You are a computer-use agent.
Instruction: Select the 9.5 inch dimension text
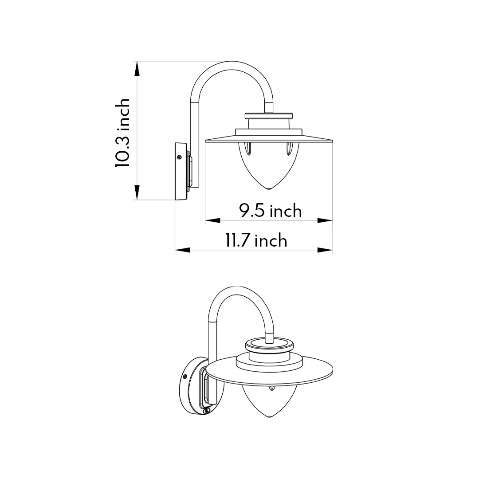tap(271, 211)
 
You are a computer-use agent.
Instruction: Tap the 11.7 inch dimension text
tap(256, 240)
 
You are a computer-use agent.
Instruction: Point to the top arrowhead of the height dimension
tap(137, 69)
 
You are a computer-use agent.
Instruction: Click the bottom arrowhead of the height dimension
tap(137, 192)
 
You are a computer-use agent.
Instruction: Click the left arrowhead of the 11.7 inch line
tap(182, 251)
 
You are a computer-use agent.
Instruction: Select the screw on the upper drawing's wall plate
tap(179, 157)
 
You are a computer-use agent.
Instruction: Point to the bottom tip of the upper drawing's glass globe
tap(269, 188)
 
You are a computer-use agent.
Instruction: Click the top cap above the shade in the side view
tap(269, 116)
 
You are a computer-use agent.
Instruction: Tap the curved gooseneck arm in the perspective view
tap(239, 295)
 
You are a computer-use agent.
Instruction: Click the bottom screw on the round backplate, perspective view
tap(205, 411)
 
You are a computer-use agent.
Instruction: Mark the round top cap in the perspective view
tap(269, 344)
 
